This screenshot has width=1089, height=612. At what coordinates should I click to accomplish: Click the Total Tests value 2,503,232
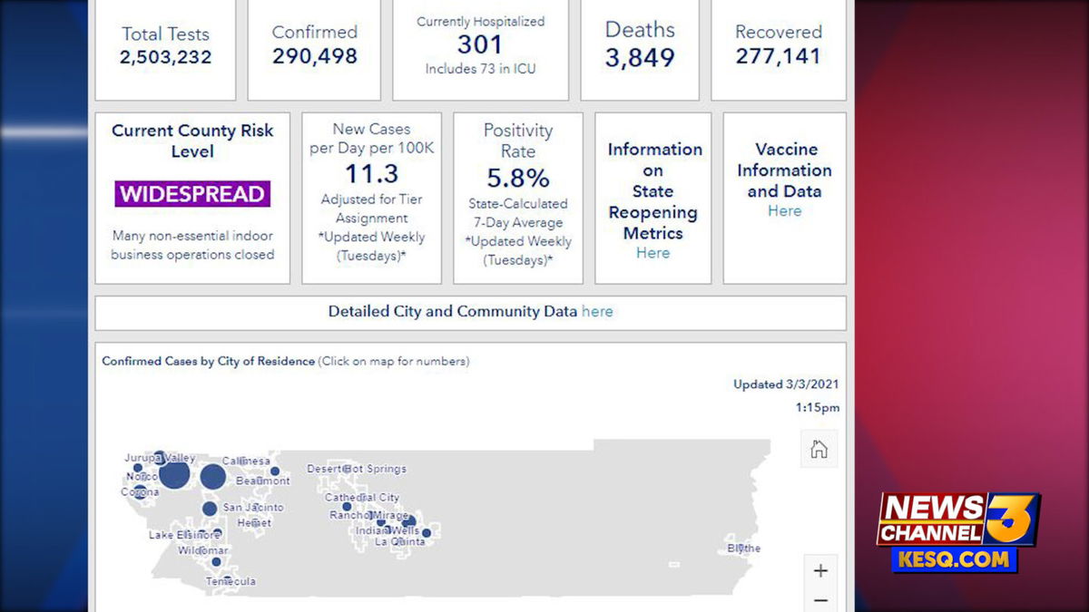click(165, 57)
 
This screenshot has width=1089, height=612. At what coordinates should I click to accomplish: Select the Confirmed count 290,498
click(314, 56)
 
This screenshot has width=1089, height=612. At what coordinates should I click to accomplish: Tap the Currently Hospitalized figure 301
click(480, 44)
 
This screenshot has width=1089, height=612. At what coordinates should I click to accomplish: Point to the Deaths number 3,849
click(640, 58)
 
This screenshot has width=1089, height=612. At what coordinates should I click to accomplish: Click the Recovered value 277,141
click(778, 56)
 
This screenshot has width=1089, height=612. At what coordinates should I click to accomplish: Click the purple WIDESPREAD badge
click(192, 194)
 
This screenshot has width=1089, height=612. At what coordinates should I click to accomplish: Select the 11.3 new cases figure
click(371, 173)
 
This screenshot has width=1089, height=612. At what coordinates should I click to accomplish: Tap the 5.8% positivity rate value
click(517, 178)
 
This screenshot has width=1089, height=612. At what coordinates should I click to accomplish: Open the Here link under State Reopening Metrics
click(652, 253)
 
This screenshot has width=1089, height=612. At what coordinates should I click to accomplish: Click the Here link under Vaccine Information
click(784, 211)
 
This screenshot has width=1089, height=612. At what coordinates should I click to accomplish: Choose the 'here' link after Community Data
click(597, 312)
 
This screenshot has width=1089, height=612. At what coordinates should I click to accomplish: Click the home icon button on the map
click(819, 449)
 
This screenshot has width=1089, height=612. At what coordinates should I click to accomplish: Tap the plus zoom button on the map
click(820, 570)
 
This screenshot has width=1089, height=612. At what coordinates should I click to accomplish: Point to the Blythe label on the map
click(744, 549)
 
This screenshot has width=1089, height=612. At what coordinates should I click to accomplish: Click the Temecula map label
click(231, 581)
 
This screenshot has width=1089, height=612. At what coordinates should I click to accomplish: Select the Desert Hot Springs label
click(357, 469)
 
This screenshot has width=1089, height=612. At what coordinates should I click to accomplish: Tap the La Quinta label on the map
click(400, 541)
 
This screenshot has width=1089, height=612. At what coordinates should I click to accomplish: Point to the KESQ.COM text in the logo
click(954, 559)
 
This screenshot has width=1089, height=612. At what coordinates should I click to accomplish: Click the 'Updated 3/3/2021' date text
click(786, 384)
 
